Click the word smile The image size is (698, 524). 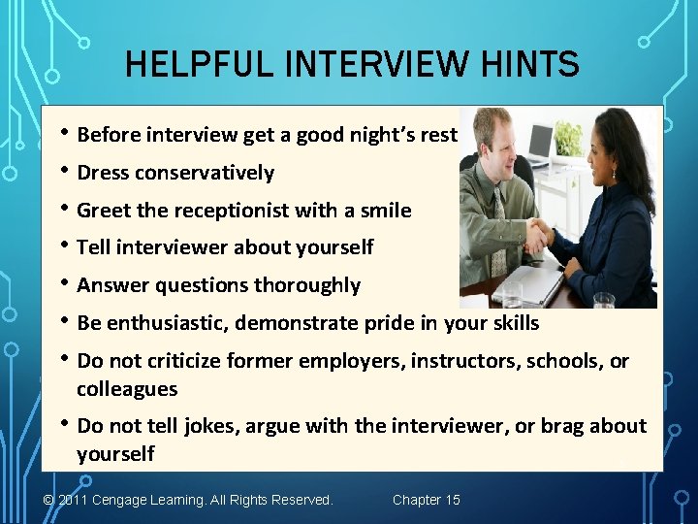pos(385,211)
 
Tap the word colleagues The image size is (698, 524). pos(127,389)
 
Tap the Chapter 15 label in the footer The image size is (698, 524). pos(427,500)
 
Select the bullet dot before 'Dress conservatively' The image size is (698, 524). pos(64,172)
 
